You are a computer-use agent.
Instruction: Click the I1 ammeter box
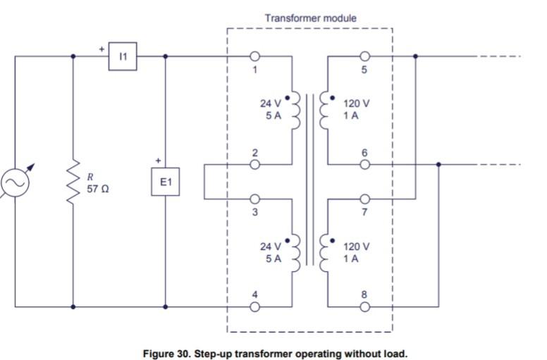click(x=123, y=57)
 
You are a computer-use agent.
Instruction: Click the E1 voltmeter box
click(x=166, y=182)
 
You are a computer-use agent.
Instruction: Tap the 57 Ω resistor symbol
click(x=73, y=182)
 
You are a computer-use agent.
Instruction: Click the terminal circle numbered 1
click(x=254, y=56)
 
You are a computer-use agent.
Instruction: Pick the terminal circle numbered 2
click(x=254, y=165)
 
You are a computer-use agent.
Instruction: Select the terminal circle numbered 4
click(x=254, y=306)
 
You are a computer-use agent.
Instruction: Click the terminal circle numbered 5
click(x=364, y=56)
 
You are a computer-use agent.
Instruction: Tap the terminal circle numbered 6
click(x=364, y=165)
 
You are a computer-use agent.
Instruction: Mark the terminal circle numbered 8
click(x=364, y=306)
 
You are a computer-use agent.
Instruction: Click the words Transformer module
click(x=310, y=17)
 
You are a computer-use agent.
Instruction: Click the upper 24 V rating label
click(x=271, y=104)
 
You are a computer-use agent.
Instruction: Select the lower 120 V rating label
click(x=356, y=247)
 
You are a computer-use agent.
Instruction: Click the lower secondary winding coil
click(x=325, y=252)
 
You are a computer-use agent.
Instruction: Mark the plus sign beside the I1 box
click(x=102, y=49)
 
